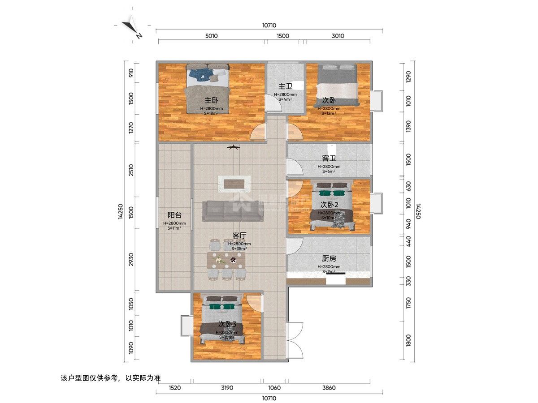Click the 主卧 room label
(x=208, y=100)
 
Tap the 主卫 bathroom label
(x=285, y=86)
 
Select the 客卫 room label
(x=329, y=159)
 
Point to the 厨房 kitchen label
(x=329, y=258)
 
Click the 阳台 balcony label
(x=174, y=215)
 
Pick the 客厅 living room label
(x=240, y=235)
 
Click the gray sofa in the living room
(x=232, y=211)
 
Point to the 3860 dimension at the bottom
(x=329, y=388)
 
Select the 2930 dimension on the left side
(x=131, y=260)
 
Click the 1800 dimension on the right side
(x=408, y=340)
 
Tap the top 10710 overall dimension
(x=269, y=26)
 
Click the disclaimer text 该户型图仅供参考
(x=110, y=378)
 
